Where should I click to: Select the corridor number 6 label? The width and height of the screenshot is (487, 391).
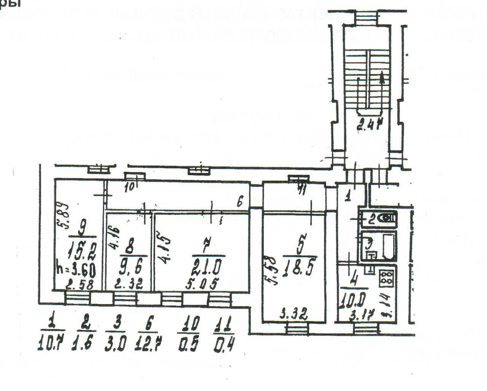(240, 203)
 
